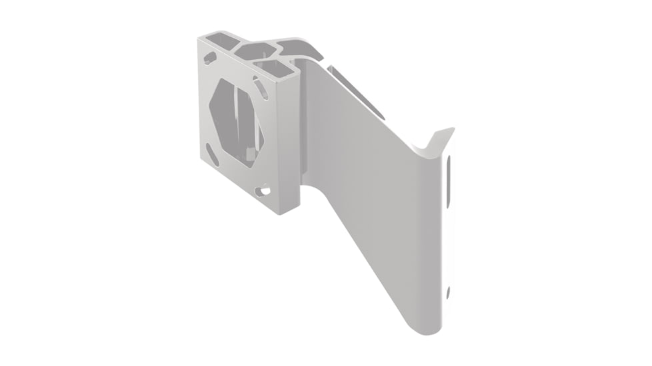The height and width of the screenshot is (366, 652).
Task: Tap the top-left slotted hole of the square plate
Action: [x=210, y=59]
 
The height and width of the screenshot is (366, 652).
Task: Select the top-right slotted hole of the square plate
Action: [x=261, y=88]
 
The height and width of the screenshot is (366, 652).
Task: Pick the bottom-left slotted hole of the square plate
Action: [x=213, y=155]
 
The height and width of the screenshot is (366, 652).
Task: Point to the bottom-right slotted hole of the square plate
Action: [x=264, y=191]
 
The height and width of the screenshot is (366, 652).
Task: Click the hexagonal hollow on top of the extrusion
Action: [x=257, y=51]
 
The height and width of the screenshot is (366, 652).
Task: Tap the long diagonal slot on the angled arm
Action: [x=356, y=92]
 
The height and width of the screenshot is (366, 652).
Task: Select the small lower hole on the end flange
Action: [x=448, y=291]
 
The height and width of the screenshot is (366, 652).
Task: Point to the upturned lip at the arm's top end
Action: [x=437, y=140]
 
